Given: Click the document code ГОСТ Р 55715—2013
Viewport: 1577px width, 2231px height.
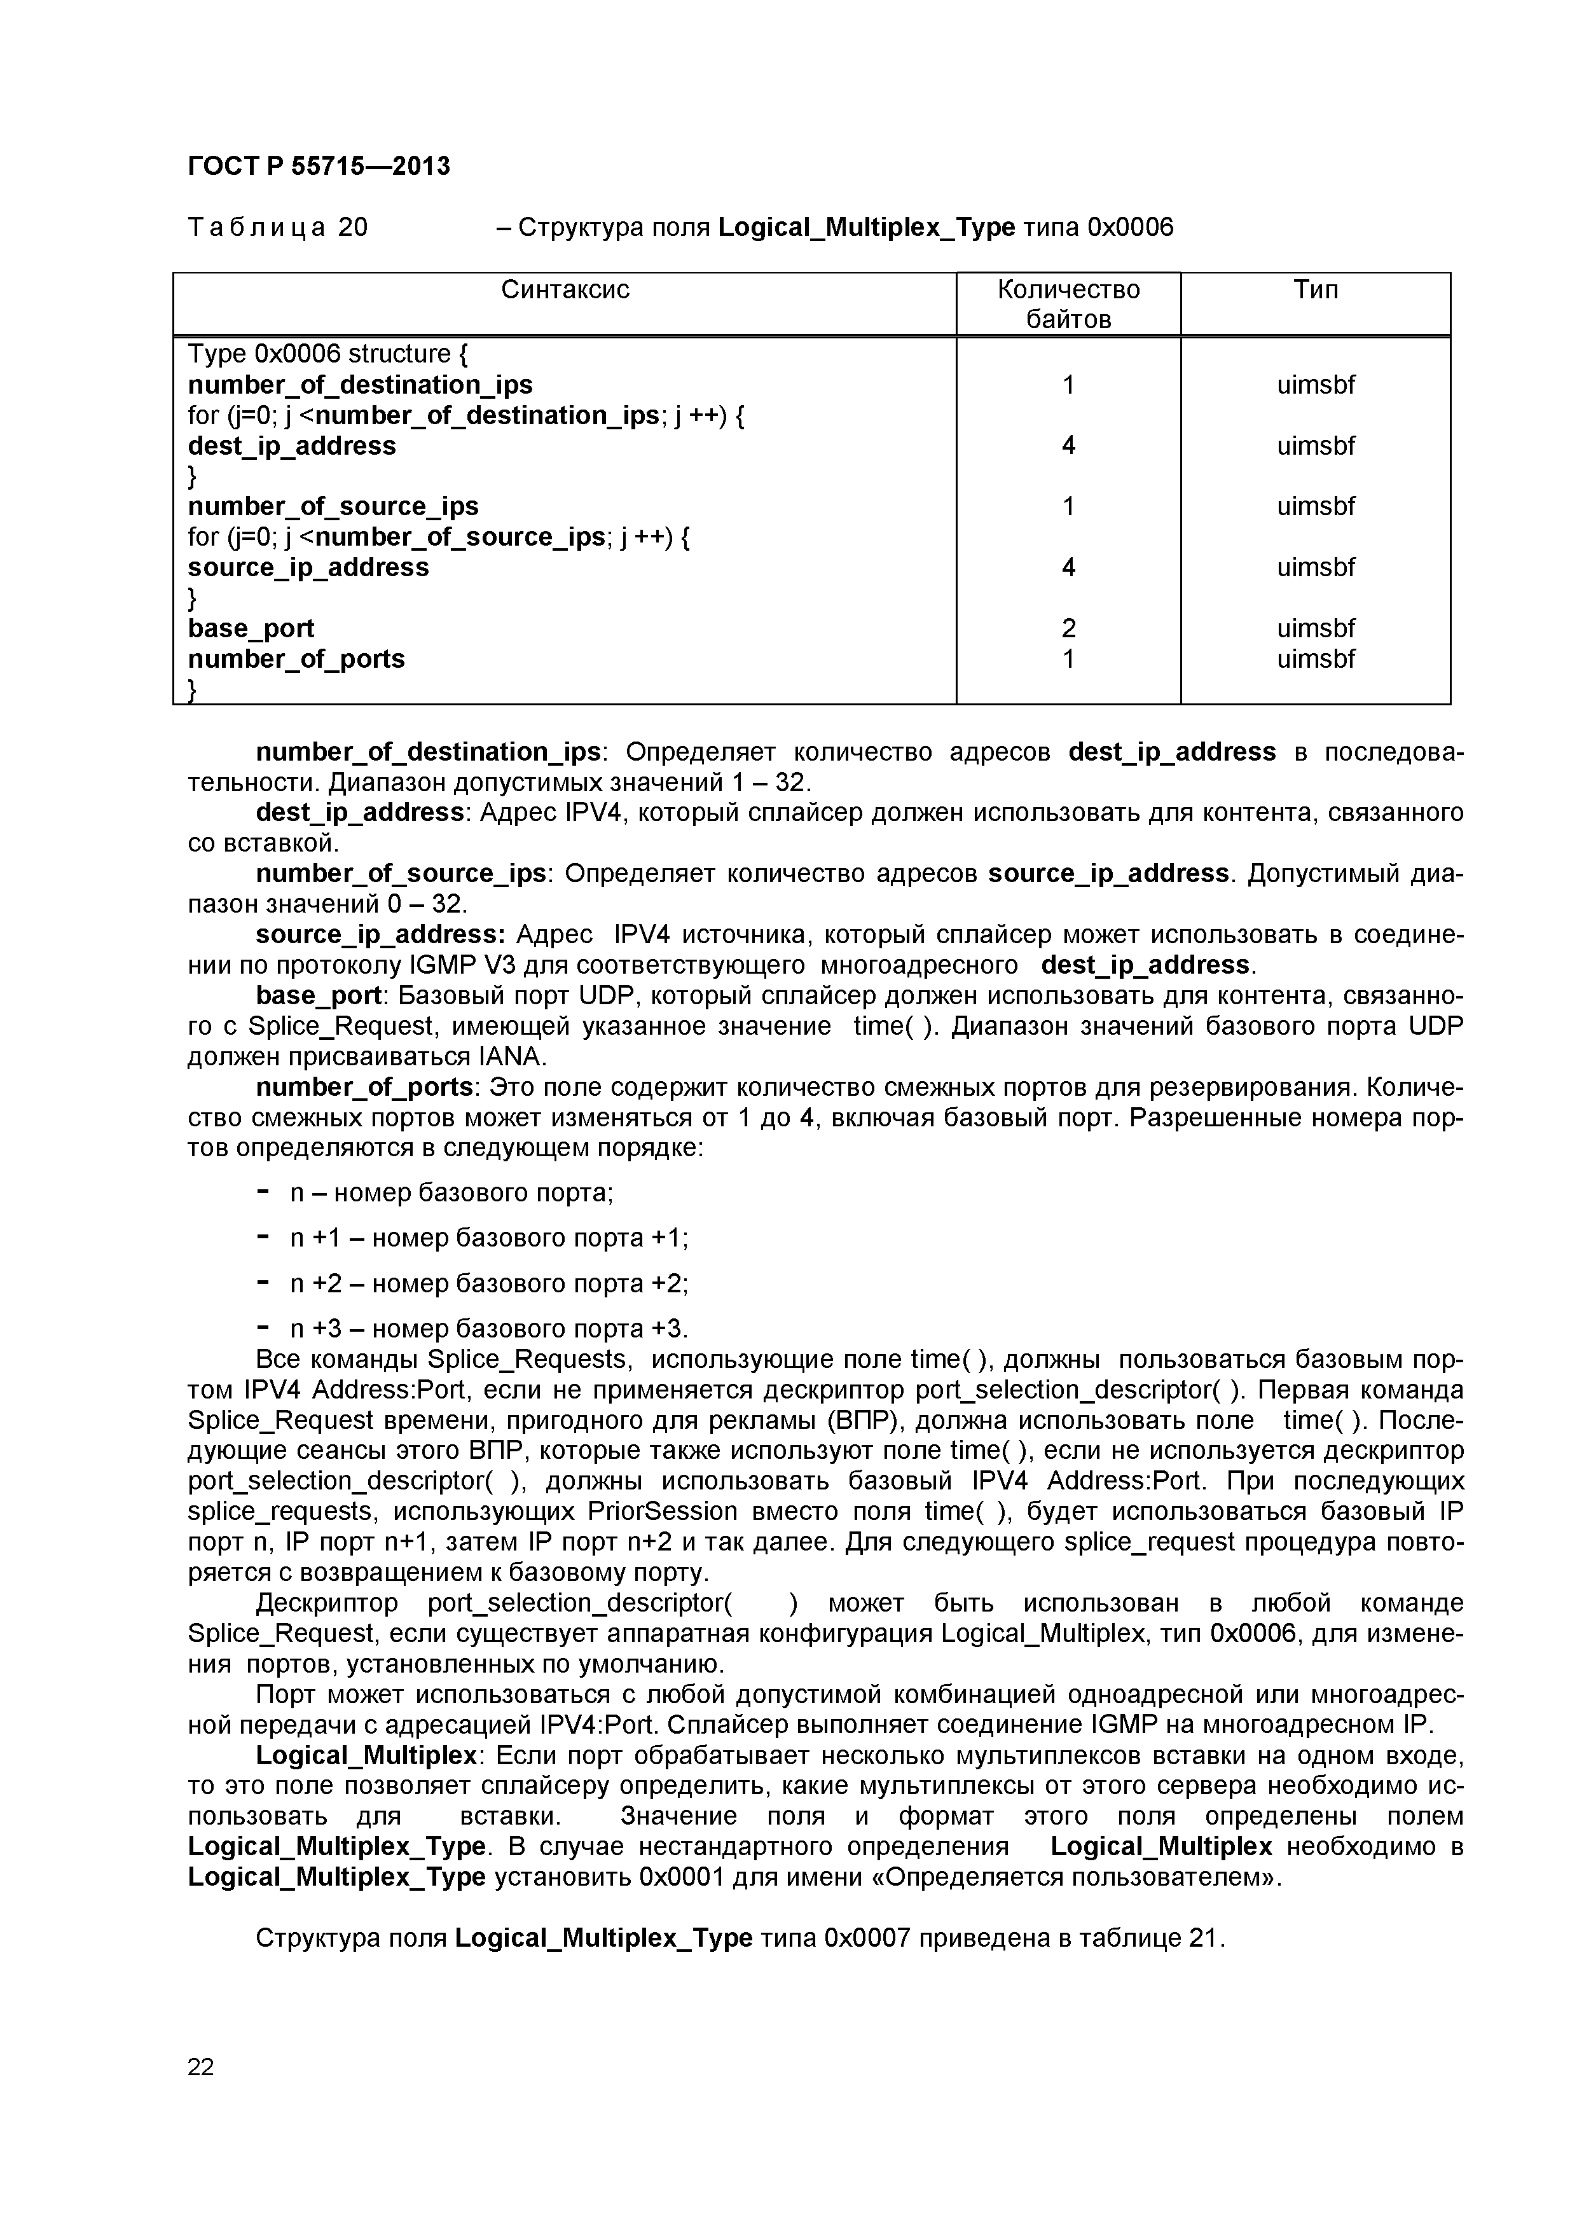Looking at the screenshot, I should click(319, 166).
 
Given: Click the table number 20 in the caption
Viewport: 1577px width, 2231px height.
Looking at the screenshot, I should click(353, 228).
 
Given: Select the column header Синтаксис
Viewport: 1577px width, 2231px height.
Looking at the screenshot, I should click(565, 289).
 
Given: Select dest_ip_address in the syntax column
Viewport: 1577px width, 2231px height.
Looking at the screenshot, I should click(291, 446).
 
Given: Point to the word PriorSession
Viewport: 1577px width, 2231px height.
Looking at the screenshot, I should click(663, 1511).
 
